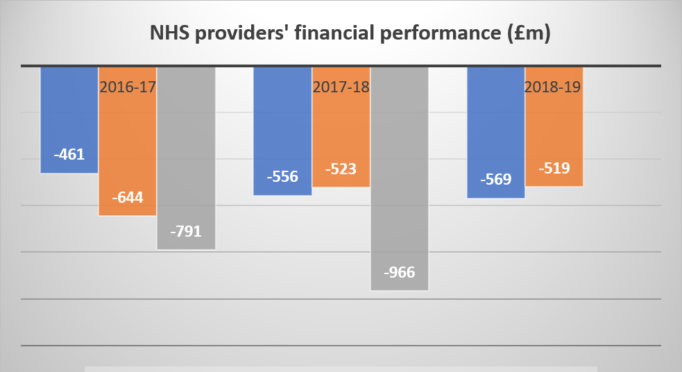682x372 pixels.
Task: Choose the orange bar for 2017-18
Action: [341, 132]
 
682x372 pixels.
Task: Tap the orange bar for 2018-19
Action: [554, 132]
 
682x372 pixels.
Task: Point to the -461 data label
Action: [69, 154]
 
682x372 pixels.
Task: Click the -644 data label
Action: [128, 197]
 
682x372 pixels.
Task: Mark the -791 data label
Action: [186, 231]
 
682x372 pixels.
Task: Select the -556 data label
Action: [282, 176]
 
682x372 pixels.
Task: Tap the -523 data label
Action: [341, 169]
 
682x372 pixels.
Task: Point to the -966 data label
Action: [399, 272]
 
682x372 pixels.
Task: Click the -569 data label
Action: [495, 179]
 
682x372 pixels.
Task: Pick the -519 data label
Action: [554, 168]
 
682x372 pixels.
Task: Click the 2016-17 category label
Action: [128, 87]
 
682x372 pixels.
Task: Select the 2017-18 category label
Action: [341, 87]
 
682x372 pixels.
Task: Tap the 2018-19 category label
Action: [554, 87]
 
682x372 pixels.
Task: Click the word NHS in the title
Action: [169, 33]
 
